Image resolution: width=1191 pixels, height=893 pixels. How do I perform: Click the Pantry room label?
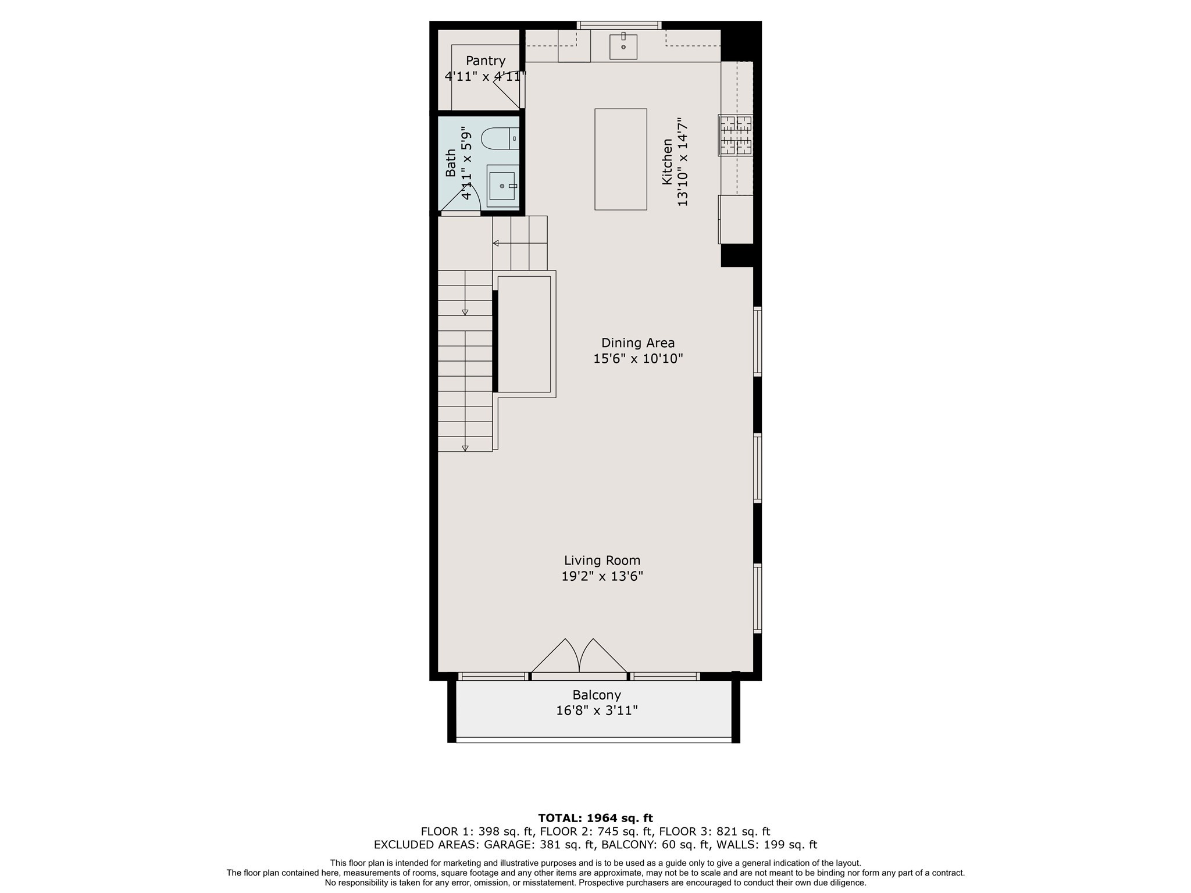coord(485,60)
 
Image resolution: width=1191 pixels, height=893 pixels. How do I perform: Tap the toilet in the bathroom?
coord(500,139)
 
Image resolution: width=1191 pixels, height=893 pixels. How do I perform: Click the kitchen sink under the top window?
coord(623,47)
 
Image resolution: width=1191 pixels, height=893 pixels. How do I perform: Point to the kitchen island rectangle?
coord(621,159)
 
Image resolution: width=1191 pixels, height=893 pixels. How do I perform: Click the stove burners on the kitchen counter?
coord(735,135)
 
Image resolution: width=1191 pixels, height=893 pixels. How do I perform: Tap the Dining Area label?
coord(637,343)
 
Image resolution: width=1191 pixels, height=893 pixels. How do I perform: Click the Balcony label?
coord(597,695)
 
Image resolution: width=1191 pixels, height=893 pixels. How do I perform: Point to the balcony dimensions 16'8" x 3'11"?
coord(597,710)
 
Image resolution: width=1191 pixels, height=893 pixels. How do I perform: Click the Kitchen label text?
coord(667,162)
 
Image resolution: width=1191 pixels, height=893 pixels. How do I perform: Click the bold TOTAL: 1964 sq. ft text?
coord(595,818)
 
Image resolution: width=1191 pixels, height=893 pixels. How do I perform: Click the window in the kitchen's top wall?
coord(620,25)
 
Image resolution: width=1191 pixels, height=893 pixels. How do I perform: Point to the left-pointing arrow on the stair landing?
coord(496,243)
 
